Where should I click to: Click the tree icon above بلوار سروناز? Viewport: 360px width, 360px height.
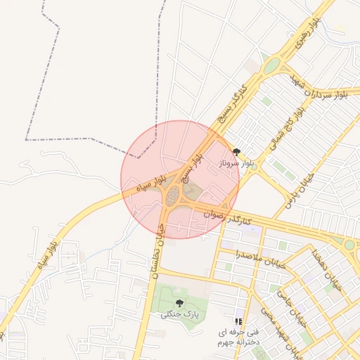[x=236, y=151]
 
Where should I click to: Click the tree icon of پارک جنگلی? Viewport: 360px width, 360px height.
[x=179, y=303]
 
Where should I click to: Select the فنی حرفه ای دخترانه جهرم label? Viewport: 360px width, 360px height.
[x=238, y=335]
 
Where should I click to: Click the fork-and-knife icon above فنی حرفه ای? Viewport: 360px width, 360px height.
[x=236, y=321]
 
